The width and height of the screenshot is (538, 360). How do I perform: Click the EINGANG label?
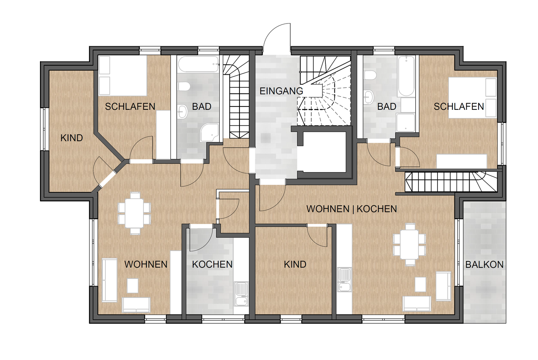click(281, 91)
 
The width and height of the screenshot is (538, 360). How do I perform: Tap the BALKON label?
click(485, 265)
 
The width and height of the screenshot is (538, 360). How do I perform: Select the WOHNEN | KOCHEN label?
click(352, 209)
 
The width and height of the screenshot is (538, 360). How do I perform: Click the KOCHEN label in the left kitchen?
click(212, 264)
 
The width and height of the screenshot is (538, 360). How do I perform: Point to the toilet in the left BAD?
click(184, 86)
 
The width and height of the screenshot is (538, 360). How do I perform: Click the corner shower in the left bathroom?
click(210, 133)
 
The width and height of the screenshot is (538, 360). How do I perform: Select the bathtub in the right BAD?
click(406, 76)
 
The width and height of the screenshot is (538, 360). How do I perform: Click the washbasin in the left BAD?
click(183, 112)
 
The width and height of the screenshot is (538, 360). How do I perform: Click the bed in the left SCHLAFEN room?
click(123, 75)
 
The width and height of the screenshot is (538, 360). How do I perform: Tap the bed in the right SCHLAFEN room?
click(472, 98)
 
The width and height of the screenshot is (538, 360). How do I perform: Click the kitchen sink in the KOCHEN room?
click(241, 294)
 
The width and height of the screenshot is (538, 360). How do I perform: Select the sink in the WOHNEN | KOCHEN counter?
click(344, 280)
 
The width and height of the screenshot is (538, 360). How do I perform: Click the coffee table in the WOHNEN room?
click(133, 286)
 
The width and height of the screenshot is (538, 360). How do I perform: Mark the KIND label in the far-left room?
click(72, 138)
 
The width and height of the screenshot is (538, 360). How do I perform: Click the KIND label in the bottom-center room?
click(295, 264)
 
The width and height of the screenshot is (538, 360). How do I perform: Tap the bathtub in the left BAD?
click(198, 64)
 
